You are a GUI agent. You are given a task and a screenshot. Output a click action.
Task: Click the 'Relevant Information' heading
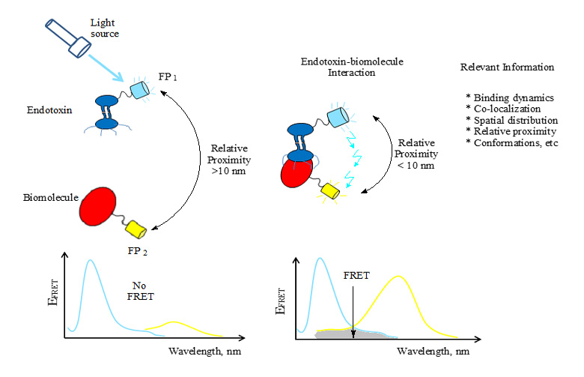click(507, 67)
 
